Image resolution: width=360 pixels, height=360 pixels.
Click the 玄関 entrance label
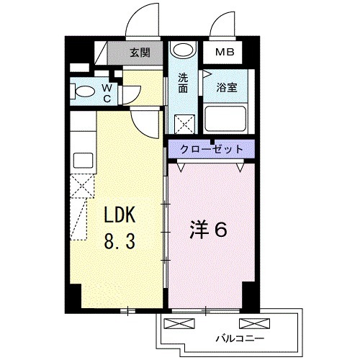click(x=140, y=53)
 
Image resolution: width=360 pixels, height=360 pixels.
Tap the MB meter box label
click(x=225, y=52)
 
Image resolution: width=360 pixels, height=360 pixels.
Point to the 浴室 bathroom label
click(x=227, y=88)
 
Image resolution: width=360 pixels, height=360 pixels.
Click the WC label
click(x=107, y=94)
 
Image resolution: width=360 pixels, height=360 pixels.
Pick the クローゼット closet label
click(x=211, y=149)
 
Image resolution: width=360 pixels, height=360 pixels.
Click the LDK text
click(x=120, y=215)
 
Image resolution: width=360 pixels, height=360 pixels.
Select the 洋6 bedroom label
click(x=208, y=230)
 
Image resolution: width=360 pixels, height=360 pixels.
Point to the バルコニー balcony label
click(x=240, y=338)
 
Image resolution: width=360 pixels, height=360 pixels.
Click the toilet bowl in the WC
click(x=82, y=91)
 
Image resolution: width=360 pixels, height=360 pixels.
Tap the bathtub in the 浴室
click(x=225, y=118)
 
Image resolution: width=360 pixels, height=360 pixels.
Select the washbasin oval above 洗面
click(x=183, y=50)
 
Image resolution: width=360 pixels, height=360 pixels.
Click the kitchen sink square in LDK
click(x=83, y=161)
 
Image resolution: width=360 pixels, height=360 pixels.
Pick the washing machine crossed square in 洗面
click(x=184, y=124)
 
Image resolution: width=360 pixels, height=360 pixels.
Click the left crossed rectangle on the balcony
click(x=179, y=323)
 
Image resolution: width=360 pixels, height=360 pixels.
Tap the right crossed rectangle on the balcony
click(x=254, y=323)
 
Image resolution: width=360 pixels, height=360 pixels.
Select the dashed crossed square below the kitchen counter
click(x=82, y=186)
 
